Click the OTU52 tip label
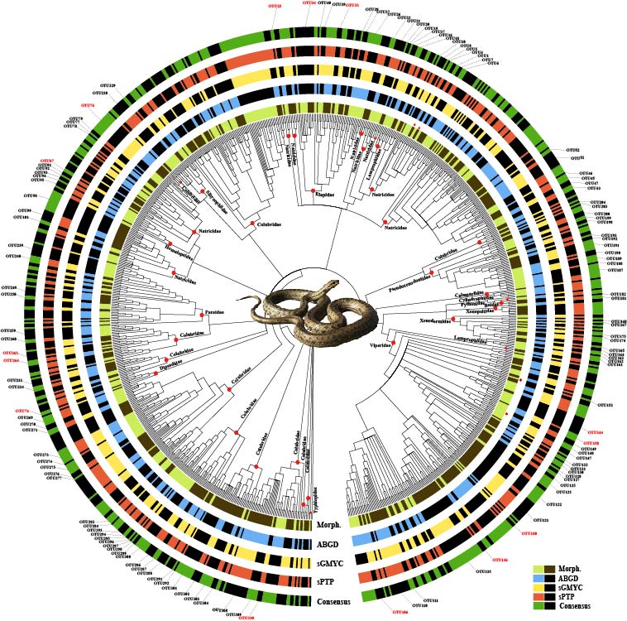click(x=572, y=149)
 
